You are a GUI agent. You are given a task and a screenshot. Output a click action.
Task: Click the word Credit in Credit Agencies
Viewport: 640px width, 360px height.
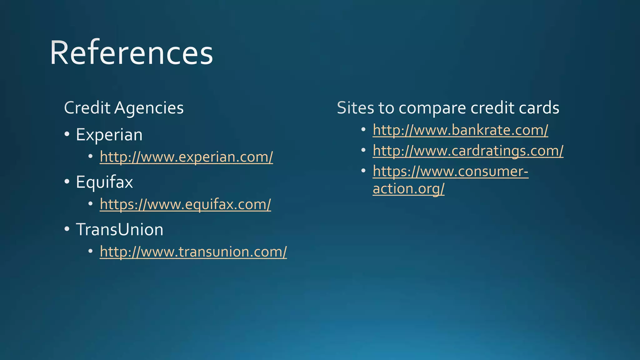point(87,108)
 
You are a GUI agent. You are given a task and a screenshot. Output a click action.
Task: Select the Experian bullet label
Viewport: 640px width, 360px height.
point(109,135)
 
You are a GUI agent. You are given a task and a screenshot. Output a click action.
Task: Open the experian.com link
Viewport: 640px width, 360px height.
point(186,157)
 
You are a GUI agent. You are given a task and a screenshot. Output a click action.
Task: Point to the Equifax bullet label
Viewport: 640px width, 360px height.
point(104,182)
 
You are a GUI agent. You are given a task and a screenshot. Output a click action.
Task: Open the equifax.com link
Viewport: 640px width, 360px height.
point(185,204)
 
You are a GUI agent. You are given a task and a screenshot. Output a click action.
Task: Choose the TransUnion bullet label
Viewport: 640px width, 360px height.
point(119,230)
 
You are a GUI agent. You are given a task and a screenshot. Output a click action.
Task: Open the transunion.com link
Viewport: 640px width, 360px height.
point(193,252)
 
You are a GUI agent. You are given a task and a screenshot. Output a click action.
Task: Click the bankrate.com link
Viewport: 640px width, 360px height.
point(460,130)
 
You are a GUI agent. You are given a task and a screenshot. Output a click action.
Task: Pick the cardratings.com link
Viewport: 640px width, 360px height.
point(468,151)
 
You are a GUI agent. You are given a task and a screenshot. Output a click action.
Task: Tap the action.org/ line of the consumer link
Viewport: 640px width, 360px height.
point(408,189)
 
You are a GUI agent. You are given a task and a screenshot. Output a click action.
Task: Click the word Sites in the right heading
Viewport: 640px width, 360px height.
point(355,108)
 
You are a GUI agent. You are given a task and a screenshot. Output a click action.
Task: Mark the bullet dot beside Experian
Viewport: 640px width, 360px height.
point(67,134)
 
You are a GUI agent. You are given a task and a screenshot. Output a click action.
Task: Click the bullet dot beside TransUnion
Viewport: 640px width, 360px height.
point(67,229)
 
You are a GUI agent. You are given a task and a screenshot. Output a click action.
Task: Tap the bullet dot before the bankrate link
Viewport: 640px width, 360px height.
point(363,129)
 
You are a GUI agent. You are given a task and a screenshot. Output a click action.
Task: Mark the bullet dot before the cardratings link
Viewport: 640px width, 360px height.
point(363,150)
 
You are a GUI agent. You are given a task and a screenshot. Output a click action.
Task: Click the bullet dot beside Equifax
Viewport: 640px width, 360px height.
point(67,182)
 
